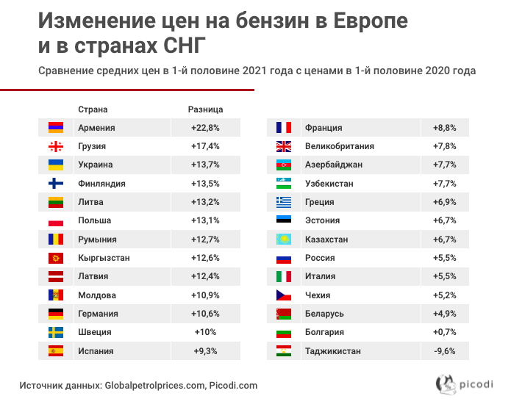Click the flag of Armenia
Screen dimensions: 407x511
[x=56, y=128]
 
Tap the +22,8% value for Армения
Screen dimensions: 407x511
[x=206, y=128]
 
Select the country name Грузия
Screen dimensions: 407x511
[x=92, y=146]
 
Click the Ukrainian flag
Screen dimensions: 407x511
[x=56, y=165]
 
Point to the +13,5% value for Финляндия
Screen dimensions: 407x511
[x=206, y=184]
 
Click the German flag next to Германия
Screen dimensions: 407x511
[x=56, y=314]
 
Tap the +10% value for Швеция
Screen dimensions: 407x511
[x=206, y=332]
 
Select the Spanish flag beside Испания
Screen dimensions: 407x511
[x=56, y=351]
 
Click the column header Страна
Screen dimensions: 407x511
[x=93, y=109]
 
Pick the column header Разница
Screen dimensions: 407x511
[x=206, y=109]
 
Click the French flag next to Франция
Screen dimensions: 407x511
[x=284, y=128]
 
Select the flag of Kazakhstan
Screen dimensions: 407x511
[x=284, y=239]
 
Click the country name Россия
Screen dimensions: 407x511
[x=320, y=258]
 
